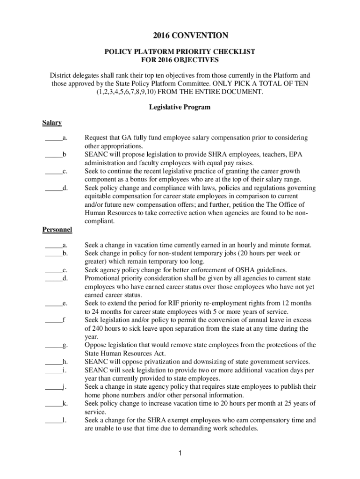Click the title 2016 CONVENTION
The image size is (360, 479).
pyautogui.click(x=180, y=36)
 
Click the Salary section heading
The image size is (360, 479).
pyautogui.click(x=52, y=123)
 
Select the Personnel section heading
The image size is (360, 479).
pyautogui.click(x=57, y=230)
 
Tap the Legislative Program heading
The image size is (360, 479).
pyautogui.click(x=180, y=107)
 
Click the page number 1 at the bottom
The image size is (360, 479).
pyautogui.click(x=180, y=453)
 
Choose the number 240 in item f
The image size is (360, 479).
pyautogui.click(x=98, y=328)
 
